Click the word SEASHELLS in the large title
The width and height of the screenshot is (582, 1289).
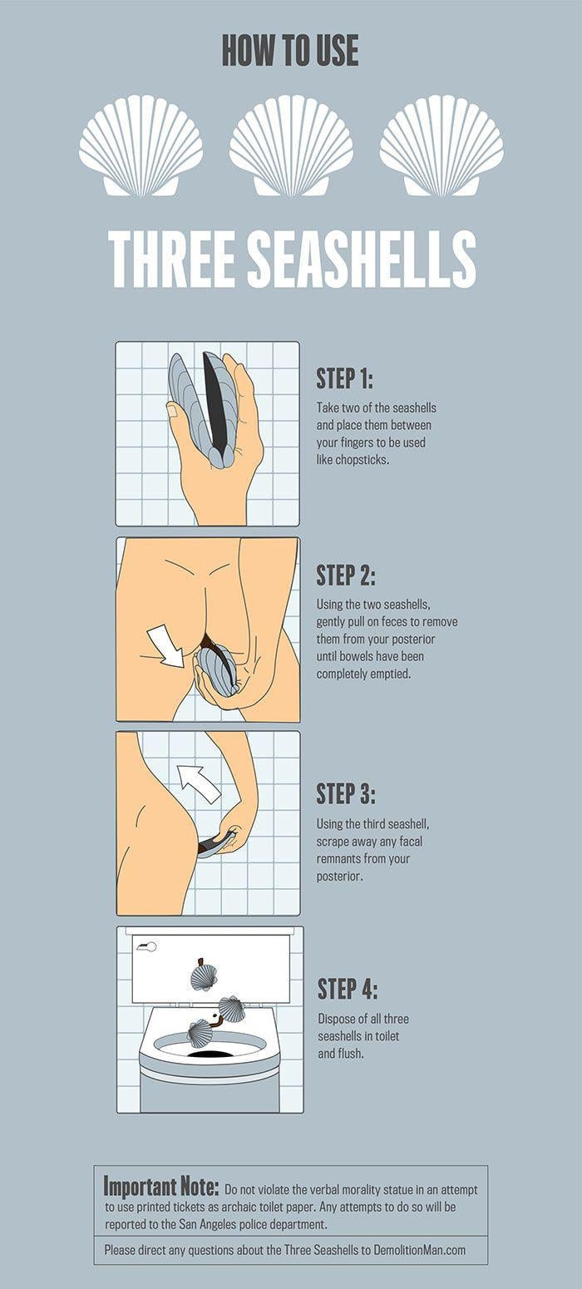click(361, 259)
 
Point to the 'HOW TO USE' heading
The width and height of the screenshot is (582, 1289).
click(290, 50)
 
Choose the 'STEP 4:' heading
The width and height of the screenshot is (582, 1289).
click(348, 989)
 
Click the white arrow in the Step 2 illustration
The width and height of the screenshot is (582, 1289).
click(166, 647)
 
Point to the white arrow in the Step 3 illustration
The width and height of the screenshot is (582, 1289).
click(199, 782)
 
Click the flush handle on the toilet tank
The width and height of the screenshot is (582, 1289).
click(147, 946)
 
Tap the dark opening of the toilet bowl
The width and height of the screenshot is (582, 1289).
click(210, 1054)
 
